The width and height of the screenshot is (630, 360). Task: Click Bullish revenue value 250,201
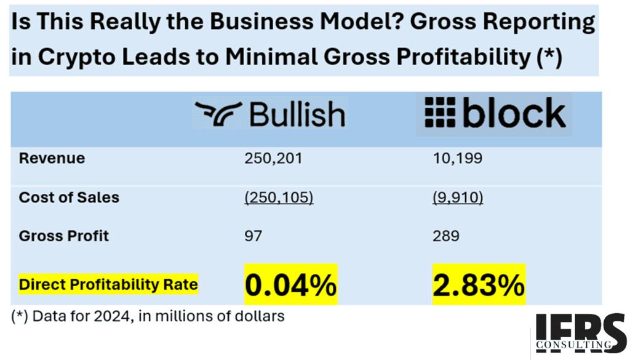[273, 158]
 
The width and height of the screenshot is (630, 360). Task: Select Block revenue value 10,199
[457, 158]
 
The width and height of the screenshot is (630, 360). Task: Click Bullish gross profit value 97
[253, 236]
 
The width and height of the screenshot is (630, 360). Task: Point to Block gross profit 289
[446, 236]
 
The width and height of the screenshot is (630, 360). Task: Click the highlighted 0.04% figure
[291, 285]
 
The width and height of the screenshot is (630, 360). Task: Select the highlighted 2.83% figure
[479, 285]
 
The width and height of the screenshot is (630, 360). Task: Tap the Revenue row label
[52, 158]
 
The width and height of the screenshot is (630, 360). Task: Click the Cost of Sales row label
[69, 198]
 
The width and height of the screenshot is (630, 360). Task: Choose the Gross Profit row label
[64, 236]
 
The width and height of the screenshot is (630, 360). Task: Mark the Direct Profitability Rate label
[108, 284]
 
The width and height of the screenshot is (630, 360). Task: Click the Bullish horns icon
[218, 114]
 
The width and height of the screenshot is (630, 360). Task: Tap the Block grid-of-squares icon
[440, 112]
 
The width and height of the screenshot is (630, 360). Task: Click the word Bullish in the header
[297, 114]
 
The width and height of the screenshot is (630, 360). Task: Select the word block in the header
[514, 112]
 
